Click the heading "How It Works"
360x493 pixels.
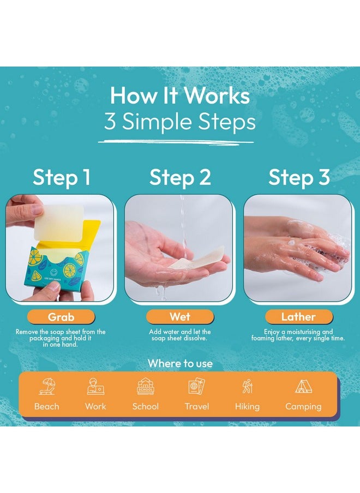[x=180, y=95]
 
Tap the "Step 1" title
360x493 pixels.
[x=62, y=177]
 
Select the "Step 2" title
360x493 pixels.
[x=180, y=177]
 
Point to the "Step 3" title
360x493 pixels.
[x=299, y=177]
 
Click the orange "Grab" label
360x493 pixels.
[x=61, y=317]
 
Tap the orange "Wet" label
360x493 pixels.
[x=180, y=317]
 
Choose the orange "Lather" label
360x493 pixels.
[x=299, y=317]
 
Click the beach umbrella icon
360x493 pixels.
[x=47, y=387]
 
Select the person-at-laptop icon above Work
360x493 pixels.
[x=95, y=387]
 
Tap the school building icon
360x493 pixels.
[x=146, y=387]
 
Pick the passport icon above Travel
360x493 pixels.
[x=196, y=387]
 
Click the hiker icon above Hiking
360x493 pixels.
[x=248, y=387]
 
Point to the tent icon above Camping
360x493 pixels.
[x=303, y=387]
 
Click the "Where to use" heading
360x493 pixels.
[x=180, y=363]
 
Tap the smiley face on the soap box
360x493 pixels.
[x=54, y=272]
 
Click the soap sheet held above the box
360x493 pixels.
[x=59, y=223]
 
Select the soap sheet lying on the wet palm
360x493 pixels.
[x=197, y=258]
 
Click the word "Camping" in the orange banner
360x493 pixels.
[x=303, y=406]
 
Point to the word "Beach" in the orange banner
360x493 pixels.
[x=47, y=406]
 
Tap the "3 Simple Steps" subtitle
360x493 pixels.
[x=180, y=122]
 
